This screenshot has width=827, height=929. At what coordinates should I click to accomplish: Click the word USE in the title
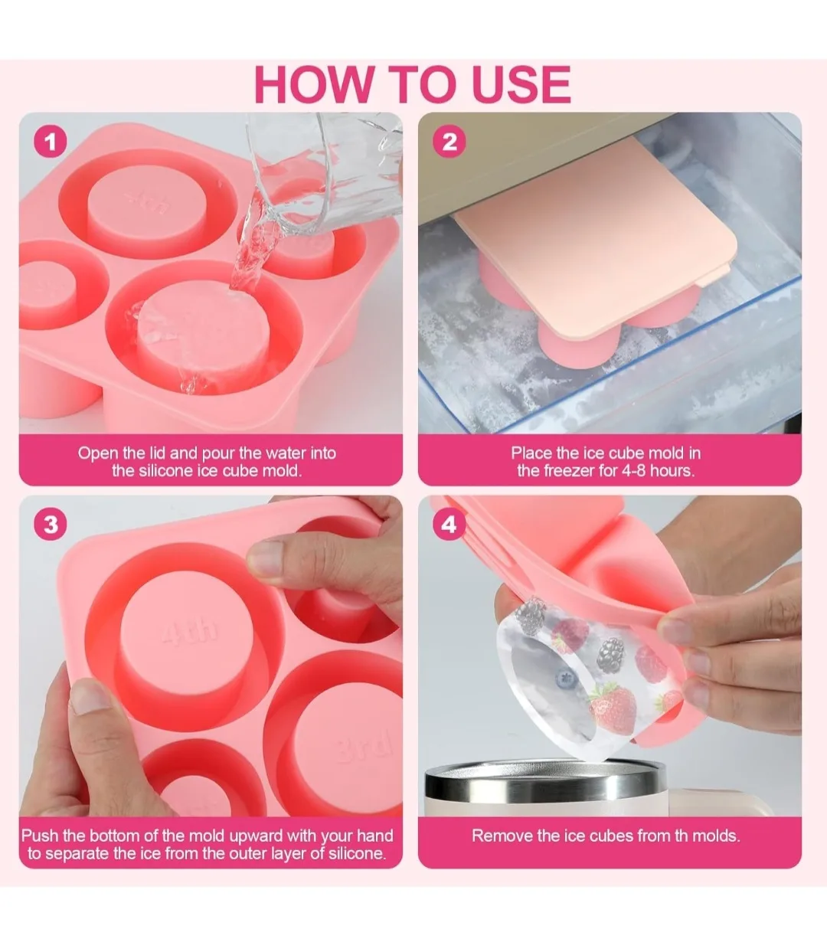tap(521, 84)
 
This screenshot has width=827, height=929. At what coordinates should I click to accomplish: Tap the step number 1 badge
tap(51, 142)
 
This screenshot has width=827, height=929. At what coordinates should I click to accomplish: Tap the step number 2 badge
tap(449, 142)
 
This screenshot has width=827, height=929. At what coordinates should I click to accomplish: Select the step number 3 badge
tap(51, 525)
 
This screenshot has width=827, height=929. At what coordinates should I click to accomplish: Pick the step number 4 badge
tap(449, 525)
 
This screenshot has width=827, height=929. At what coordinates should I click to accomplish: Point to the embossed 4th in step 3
tap(189, 632)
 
